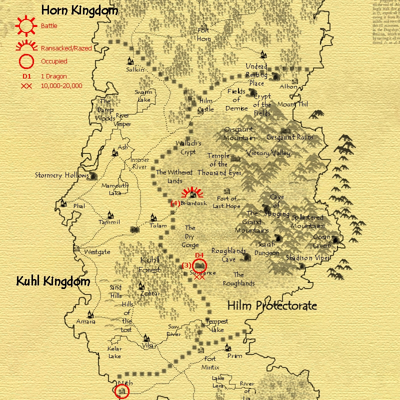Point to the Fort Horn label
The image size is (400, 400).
tap(203, 34)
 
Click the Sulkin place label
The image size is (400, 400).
tap(134, 69)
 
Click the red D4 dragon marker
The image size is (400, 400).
tap(199, 255)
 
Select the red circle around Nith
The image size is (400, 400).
tap(121, 390)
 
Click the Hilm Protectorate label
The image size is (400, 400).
tap(272, 305)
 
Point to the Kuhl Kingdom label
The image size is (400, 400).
tap(53, 281)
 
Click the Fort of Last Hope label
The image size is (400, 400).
tap(226, 202)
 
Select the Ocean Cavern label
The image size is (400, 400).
tap(321, 241)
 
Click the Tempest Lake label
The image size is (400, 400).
tap(217, 325)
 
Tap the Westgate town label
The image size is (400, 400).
tap(97, 252)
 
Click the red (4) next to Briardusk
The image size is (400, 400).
tap(175, 203)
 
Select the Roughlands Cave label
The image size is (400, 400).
tap(228, 255)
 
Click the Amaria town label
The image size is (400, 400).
tap(85, 321)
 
